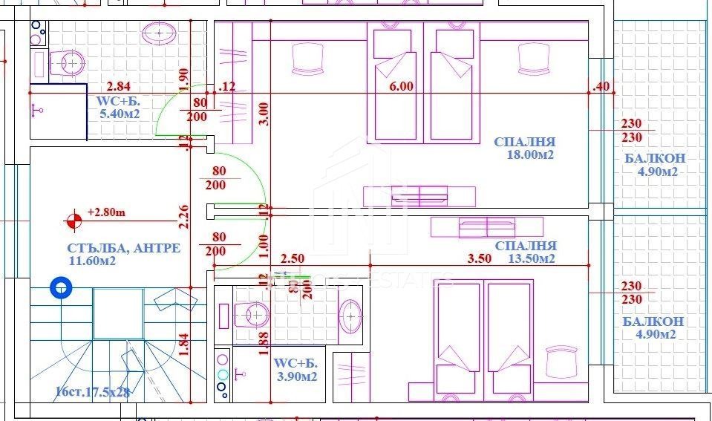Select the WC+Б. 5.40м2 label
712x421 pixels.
tap(119, 107)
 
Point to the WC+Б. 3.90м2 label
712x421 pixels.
tap(295, 370)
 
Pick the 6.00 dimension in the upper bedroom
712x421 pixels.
tap(401, 86)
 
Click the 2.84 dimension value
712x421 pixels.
tap(119, 86)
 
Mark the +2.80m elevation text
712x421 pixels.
tap(106, 212)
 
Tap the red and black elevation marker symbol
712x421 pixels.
tap(74, 220)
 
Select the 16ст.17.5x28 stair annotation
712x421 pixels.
tap(92, 392)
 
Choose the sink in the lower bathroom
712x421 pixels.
tap(350, 316)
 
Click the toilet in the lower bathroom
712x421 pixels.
tap(251, 314)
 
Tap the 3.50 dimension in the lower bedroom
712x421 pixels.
tap(480, 259)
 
